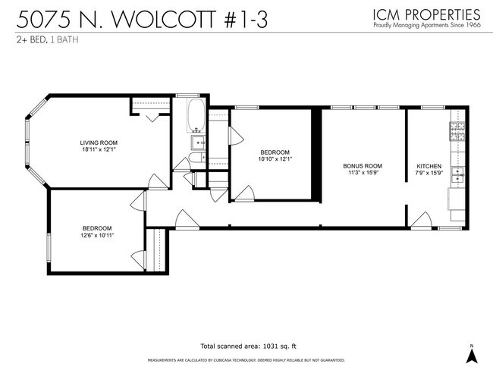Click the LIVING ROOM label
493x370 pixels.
99,142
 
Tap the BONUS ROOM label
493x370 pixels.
362,165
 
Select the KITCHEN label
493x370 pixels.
429,165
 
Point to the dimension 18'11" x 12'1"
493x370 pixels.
99,149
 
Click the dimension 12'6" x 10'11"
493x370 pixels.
97,236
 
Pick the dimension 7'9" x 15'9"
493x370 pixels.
429,173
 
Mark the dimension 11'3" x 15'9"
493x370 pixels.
362,173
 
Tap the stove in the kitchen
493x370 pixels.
458,132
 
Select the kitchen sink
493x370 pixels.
458,175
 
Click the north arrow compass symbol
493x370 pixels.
470,353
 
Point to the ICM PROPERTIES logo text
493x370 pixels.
426,14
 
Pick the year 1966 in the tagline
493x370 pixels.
471,25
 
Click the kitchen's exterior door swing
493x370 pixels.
421,220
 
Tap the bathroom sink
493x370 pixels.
199,141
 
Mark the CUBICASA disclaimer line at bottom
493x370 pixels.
246,360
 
